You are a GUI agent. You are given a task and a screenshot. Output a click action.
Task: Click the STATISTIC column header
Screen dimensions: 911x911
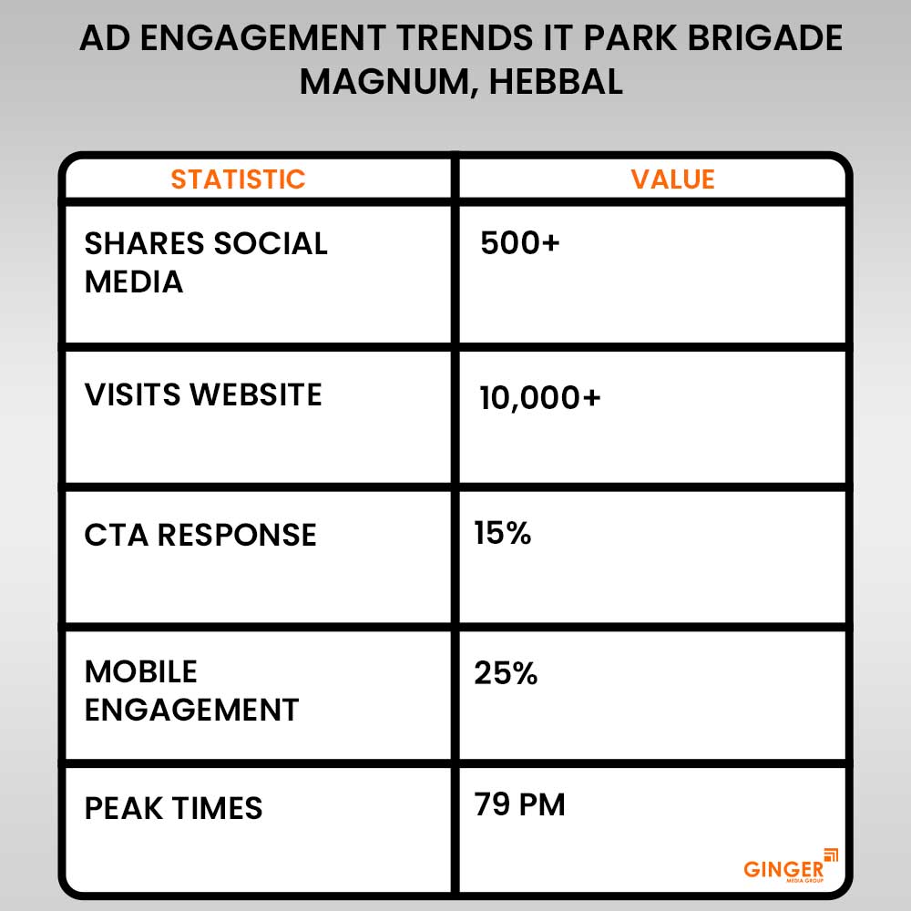tap(238, 179)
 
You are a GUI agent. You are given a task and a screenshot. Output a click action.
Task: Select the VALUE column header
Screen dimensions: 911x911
tap(672, 179)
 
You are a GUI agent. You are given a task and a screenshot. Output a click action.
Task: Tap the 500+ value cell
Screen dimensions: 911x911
tap(519, 243)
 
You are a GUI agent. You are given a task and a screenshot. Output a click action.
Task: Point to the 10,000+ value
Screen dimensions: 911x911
tap(540, 397)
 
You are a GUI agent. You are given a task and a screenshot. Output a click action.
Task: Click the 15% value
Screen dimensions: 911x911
tap(502, 533)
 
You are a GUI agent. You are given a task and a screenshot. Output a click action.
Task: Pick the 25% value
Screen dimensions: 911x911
tap(506, 674)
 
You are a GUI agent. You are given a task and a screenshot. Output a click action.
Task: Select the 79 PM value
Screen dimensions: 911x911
tap(519, 805)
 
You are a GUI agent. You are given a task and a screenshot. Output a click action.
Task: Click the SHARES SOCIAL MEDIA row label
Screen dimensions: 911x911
tap(206, 262)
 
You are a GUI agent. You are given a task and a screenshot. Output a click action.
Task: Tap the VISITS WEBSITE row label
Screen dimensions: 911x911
tap(203, 394)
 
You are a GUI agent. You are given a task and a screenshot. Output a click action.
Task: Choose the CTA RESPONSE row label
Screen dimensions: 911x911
tap(200, 535)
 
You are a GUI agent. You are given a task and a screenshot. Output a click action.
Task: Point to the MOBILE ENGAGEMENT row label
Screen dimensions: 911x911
tap(191, 691)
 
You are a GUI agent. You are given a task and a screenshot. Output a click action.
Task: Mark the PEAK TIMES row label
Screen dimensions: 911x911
tap(173, 808)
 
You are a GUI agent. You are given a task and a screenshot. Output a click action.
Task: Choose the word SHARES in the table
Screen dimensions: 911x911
tap(143, 243)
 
